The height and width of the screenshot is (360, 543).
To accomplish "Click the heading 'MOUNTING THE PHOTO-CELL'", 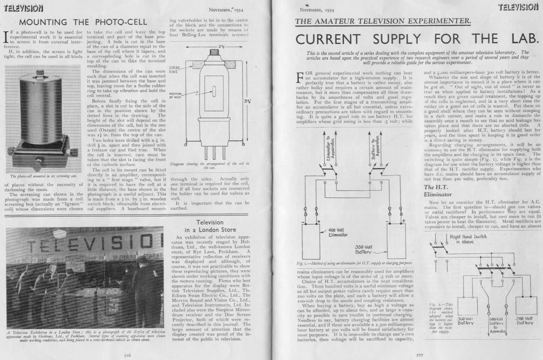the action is click(x=83, y=22).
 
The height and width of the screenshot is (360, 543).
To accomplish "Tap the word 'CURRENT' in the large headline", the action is click(x=328, y=39).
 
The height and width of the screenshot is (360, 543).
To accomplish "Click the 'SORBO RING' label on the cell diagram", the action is click(x=174, y=69).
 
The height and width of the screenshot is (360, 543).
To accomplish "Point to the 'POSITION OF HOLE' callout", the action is click(x=175, y=95).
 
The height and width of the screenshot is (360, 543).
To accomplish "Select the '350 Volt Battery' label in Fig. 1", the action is click(x=364, y=249).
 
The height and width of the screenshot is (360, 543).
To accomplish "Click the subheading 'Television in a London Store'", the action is click(x=210, y=226).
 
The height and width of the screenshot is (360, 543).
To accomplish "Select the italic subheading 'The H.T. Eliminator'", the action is click(x=437, y=191).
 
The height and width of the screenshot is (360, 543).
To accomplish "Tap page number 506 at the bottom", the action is click(x=128, y=355).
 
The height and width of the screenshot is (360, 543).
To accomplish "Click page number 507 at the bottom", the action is click(x=420, y=355).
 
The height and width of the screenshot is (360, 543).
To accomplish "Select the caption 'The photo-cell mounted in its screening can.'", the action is click(x=43, y=176).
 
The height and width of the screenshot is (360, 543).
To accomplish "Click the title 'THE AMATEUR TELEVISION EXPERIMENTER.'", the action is click(x=383, y=21).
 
